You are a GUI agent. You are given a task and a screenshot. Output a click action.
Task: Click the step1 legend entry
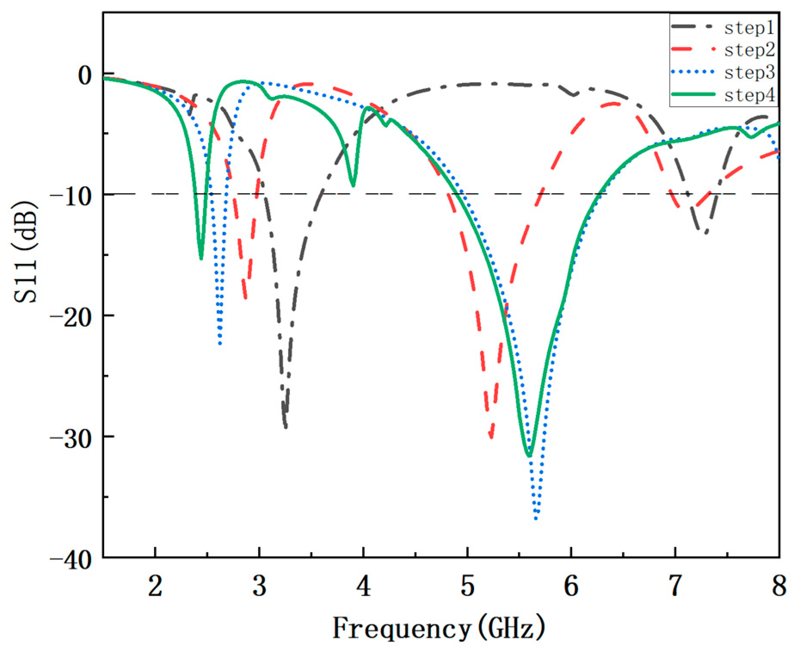point(749,28)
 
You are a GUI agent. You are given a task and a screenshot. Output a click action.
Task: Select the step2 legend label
point(749,50)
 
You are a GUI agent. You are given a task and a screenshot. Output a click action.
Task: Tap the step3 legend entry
point(749,72)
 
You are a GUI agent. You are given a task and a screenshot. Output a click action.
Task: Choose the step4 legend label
point(749,95)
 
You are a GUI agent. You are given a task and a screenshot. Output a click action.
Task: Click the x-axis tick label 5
point(467,586)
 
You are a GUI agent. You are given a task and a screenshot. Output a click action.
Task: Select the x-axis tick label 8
point(779,586)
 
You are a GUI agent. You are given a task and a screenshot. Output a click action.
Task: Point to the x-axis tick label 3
point(259,586)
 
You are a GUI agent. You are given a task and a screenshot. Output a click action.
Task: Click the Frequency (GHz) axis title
point(439,628)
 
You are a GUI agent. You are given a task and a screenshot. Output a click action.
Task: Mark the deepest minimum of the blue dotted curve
point(536,518)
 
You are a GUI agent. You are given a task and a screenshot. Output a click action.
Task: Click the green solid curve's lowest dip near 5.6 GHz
point(529,455)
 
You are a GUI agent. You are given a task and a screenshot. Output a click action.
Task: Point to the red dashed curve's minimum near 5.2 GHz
point(491,438)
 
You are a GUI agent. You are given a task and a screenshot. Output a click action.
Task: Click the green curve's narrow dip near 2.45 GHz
point(201,259)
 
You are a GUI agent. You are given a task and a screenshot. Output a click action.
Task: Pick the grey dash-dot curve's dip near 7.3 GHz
point(705,233)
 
